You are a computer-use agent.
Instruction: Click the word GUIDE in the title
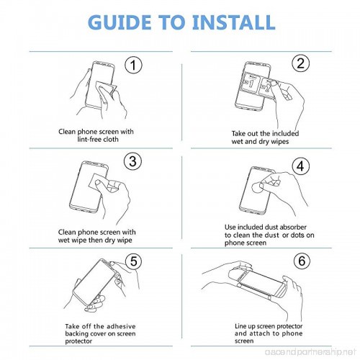pyautogui.click(x=120, y=22)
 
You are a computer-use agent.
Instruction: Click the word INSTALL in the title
pyautogui.click(x=233, y=22)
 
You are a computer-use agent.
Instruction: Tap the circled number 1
pyautogui.click(x=133, y=65)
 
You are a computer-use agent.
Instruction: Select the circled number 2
pyautogui.click(x=300, y=63)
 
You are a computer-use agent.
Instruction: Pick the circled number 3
pyautogui.click(x=132, y=161)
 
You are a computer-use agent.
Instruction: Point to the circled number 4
pyautogui.click(x=301, y=166)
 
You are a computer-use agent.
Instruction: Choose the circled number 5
pyautogui.click(x=134, y=261)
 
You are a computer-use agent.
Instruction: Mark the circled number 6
pyautogui.click(x=302, y=261)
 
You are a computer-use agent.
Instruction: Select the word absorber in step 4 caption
pyautogui.click(x=293, y=227)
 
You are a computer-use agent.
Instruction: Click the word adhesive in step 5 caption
pyautogui.click(x=121, y=326)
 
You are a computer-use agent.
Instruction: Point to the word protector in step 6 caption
pyautogui.click(x=289, y=326)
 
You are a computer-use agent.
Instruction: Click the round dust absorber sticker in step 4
pyautogui.click(x=257, y=187)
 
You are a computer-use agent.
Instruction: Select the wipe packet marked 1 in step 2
pyautogui.click(x=251, y=83)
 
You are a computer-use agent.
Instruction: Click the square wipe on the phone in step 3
pyautogui.click(x=98, y=181)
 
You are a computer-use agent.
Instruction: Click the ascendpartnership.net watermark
pyautogui.click(x=310, y=352)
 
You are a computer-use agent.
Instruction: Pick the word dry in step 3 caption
pyautogui.click(x=109, y=240)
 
